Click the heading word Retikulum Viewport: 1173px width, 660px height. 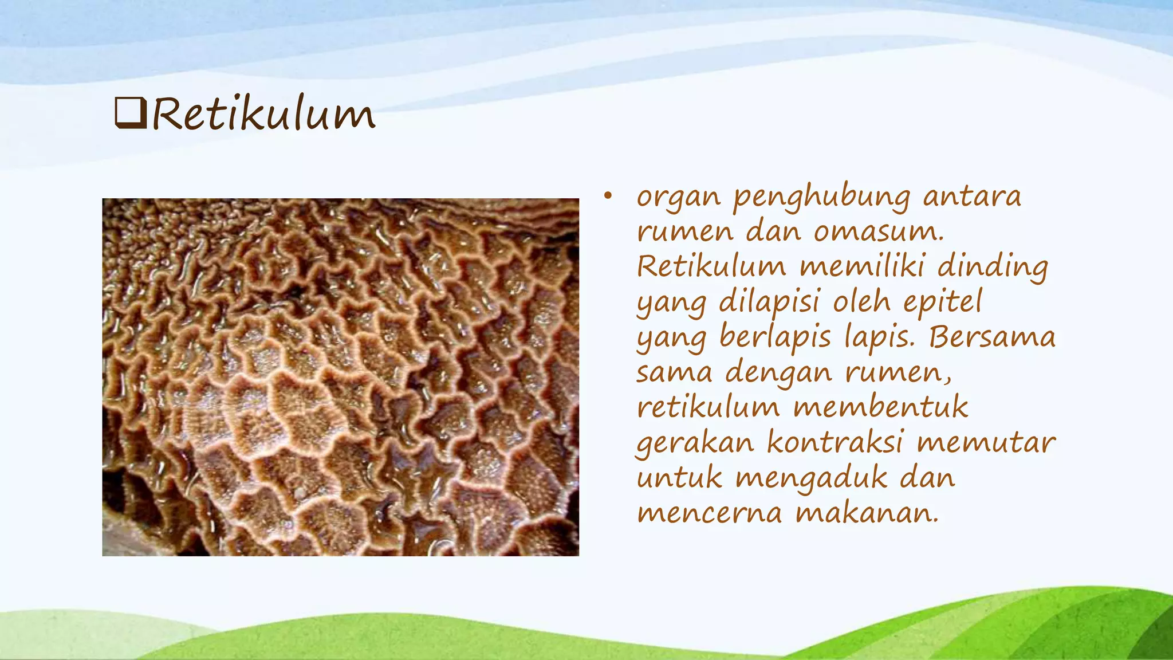click(x=263, y=114)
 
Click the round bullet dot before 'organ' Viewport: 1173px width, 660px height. click(x=608, y=197)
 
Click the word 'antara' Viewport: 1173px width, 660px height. click(x=972, y=197)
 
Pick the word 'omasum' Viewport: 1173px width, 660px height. click(x=878, y=232)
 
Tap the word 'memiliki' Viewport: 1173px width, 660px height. click(x=861, y=266)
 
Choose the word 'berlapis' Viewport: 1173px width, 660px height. click(x=775, y=338)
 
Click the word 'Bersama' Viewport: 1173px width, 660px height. click(x=992, y=337)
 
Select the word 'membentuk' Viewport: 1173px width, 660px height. click(x=881, y=407)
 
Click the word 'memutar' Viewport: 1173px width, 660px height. click(x=986, y=443)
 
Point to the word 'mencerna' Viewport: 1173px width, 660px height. click(x=710, y=513)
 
